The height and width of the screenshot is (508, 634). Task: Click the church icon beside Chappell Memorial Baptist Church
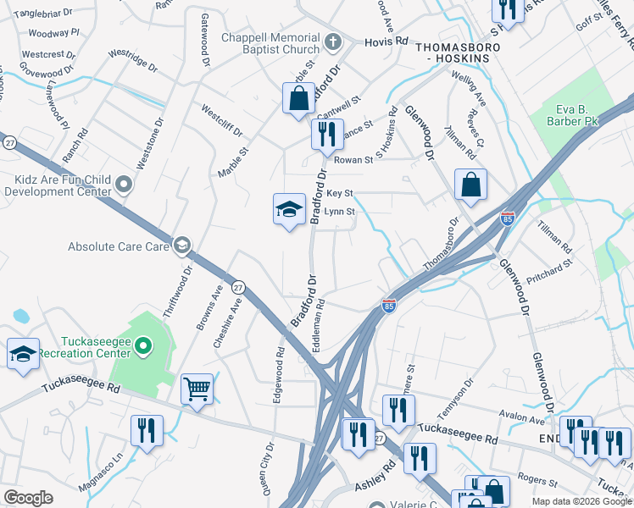click(333, 40)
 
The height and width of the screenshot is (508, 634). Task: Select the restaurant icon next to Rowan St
click(323, 134)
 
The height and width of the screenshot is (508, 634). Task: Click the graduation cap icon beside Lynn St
click(289, 208)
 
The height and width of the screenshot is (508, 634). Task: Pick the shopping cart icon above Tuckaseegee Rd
click(197, 389)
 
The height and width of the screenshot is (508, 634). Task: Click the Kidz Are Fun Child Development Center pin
click(125, 184)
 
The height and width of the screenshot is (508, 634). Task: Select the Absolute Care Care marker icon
click(181, 246)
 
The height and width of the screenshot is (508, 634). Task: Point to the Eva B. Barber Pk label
click(581, 115)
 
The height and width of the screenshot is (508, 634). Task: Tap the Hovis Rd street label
click(386, 41)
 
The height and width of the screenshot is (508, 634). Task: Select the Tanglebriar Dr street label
click(42, 14)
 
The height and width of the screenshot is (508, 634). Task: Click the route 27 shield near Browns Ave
click(239, 286)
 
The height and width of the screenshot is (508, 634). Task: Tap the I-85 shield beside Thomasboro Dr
click(507, 218)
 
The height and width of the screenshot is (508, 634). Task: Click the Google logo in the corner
click(28, 497)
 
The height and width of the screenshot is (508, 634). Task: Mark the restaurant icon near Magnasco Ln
click(147, 430)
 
